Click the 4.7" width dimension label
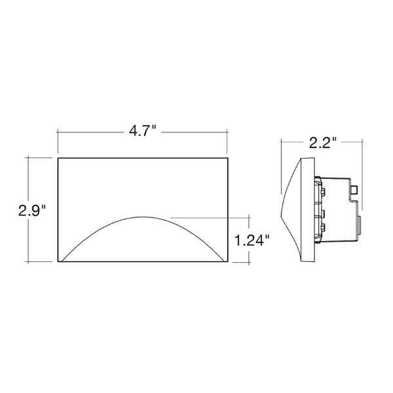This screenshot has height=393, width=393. point(142,131)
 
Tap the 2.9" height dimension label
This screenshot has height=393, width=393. point(32,211)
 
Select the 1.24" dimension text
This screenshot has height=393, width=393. point(252,240)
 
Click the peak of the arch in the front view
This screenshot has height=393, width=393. point(143,217)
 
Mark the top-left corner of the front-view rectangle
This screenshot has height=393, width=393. point(58,158)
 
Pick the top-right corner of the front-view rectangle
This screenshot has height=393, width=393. point(227,158)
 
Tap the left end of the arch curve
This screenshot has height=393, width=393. point(62,261)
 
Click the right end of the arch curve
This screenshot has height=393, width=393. point(224,261)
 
